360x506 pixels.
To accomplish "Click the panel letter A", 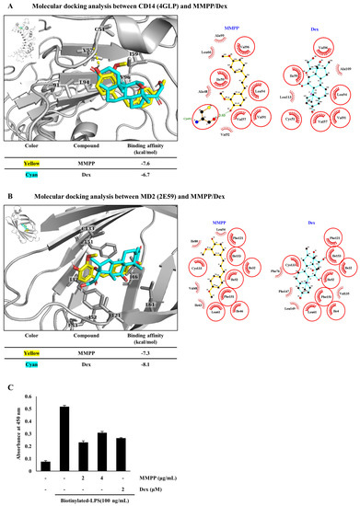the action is coord(7,6).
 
